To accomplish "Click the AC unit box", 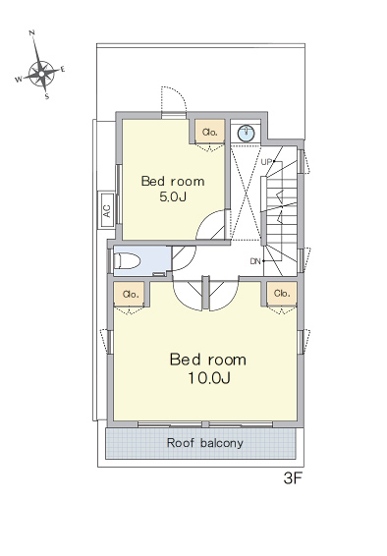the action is coord(107,210).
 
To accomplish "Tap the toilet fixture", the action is coord(127,261).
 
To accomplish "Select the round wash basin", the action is coord(246,133).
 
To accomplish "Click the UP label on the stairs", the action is coord(266,162).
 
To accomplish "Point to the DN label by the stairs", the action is coord(255,261).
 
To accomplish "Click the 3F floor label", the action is coord(293,479).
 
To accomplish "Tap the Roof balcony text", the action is coord(205,443).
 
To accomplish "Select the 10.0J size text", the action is coord(209,378).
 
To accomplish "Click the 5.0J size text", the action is coord(173,196).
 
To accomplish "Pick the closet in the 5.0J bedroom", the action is coord(210,132).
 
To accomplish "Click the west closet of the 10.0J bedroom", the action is coord(130,294).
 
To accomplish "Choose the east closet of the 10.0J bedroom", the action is coord(282,294).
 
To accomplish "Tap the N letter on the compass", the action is coord(31,33).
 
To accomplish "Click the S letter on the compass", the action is coord(47,96).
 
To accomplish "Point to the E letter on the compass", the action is coord(63,69).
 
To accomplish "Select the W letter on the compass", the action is coord(18,79).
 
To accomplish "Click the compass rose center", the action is coord(41,74).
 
